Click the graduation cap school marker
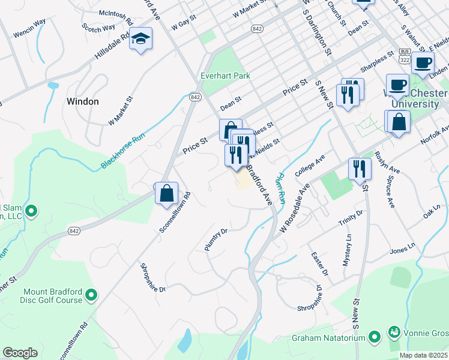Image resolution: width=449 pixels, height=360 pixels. [141, 40]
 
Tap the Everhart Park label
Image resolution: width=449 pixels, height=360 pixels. [225, 76]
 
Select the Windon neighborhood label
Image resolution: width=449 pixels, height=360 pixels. [82, 101]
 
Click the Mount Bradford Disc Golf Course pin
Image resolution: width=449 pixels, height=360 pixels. [91, 295]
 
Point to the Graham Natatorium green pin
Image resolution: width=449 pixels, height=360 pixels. [375, 337]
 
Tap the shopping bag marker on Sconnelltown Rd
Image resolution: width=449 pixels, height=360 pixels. [167, 193]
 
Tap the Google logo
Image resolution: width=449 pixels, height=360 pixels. [20, 353]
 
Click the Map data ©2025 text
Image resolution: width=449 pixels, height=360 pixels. [423, 355]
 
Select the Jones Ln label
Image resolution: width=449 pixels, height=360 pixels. [402, 248]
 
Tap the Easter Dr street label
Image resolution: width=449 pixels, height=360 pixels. [321, 264]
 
